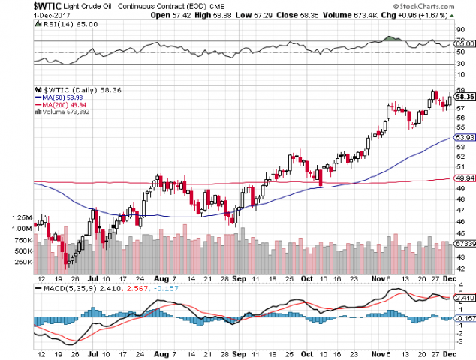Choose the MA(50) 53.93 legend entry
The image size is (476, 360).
point(65,97)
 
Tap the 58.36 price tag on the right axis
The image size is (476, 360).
point(465,96)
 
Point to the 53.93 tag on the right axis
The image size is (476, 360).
point(465,138)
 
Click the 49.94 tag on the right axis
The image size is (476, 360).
point(465,178)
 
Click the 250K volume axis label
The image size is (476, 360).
point(23,262)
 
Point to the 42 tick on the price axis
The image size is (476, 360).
point(459,268)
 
